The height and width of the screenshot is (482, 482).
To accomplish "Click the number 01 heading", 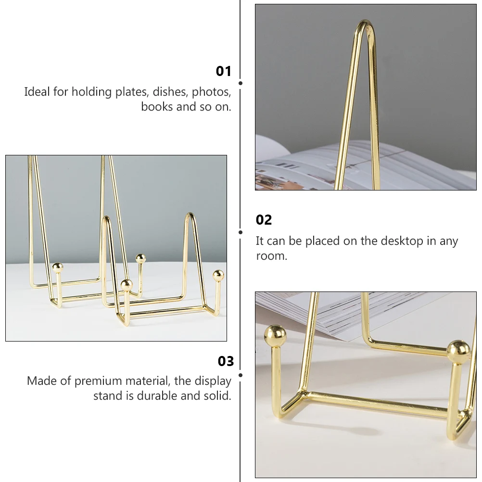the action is pyautogui.click(x=224, y=71).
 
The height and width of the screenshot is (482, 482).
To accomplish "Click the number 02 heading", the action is pyautogui.click(x=264, y=220).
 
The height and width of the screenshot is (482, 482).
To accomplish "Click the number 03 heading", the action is pyautogui.click(x=226, y=362).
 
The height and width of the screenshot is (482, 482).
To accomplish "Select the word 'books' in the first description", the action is pyautogui.click(x=157, y=107).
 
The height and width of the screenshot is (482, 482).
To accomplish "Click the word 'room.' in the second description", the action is pyautogui.click(x=272, y=256).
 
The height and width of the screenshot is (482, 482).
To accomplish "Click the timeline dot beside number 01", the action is pyautogui.click(x=241, y=83).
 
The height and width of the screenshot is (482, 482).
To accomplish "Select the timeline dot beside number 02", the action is pyautogui.click(x=241, y=232).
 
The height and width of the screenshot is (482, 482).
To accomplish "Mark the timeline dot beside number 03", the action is pyautogui.click(x=241, y=375).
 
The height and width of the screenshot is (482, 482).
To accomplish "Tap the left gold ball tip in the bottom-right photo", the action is pyautogui.click(x=275, y=336).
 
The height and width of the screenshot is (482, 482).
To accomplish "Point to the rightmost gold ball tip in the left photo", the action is pyautogui.click(x=218, y=276).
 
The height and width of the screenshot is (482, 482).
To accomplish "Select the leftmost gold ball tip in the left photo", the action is pyautogui.click(x=57, y=268).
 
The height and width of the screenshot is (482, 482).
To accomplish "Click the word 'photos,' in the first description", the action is pyautogui.click(x=212, y=92).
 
